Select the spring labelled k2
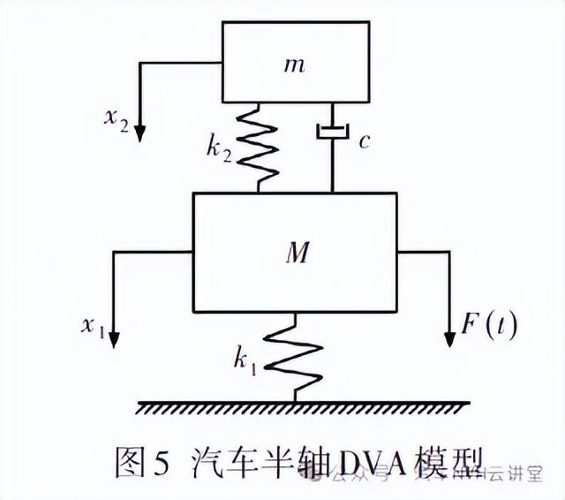tap(260, 147)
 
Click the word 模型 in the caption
tap(450, 461)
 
